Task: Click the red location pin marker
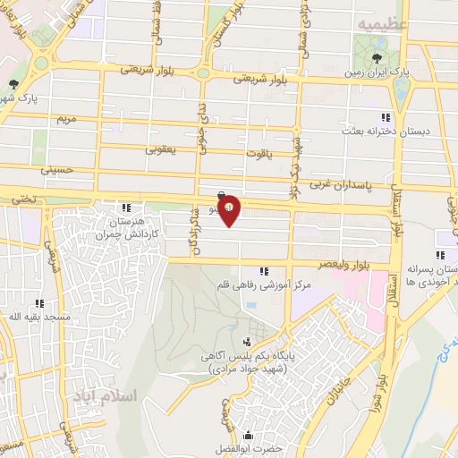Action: tap(229, 209)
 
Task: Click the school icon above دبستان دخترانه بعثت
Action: tap(386, 117)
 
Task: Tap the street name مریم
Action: tap(63, 118)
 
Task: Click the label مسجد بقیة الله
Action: tap(27, 317)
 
